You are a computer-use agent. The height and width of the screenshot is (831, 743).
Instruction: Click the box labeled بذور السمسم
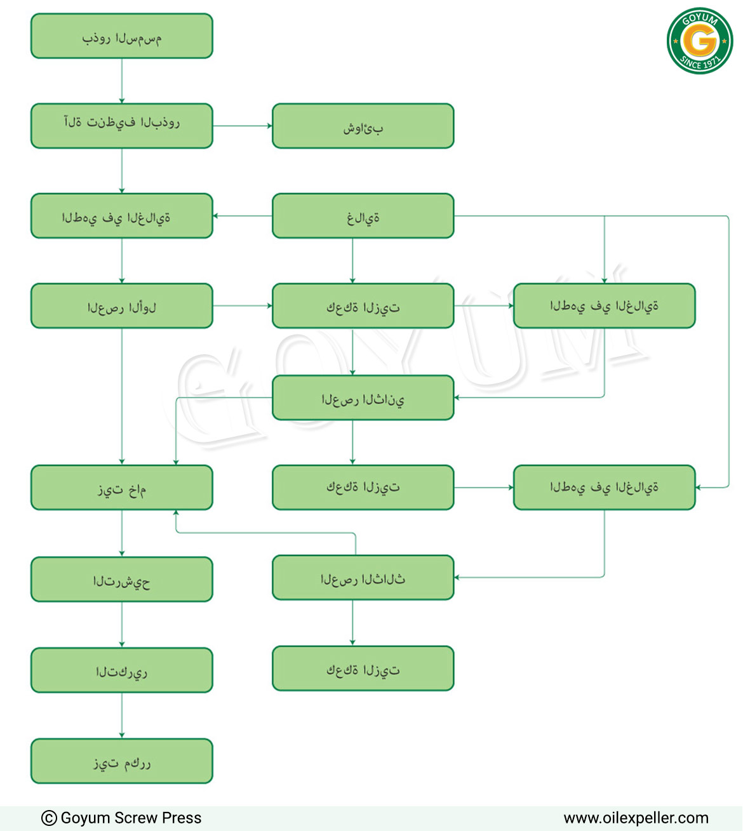coord(122,36)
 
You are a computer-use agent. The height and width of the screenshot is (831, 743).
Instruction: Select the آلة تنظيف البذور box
coord(122,126)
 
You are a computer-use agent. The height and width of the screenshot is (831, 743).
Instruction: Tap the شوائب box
coord(363,126)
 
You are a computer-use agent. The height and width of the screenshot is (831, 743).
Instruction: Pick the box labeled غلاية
coord(363,216)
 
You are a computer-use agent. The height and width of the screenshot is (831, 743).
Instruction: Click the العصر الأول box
coord(122,305)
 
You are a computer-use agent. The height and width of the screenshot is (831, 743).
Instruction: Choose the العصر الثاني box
coord(363,397)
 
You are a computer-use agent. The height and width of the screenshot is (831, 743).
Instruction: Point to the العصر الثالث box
coord(363,578)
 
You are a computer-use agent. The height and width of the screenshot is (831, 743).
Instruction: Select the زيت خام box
coord(122,488)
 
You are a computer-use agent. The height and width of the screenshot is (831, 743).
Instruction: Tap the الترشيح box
coord(122,579)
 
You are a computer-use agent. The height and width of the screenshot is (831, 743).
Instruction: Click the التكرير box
coord(122,670)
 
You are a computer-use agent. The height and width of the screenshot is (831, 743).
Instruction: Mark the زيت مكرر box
coord(122,761)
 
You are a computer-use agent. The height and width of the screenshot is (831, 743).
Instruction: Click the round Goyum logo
coord(700,41)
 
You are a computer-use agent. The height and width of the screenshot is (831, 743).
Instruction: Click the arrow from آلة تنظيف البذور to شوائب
coord(243,126)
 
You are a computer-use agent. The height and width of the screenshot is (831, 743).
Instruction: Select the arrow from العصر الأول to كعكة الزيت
coord(243,305)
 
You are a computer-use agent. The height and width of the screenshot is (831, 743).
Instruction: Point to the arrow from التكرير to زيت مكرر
coord(122,715)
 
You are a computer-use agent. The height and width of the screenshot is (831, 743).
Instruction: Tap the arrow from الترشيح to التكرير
coord(122,625)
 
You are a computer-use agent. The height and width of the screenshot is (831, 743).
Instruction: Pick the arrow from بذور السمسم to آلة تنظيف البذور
coord(122,81)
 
